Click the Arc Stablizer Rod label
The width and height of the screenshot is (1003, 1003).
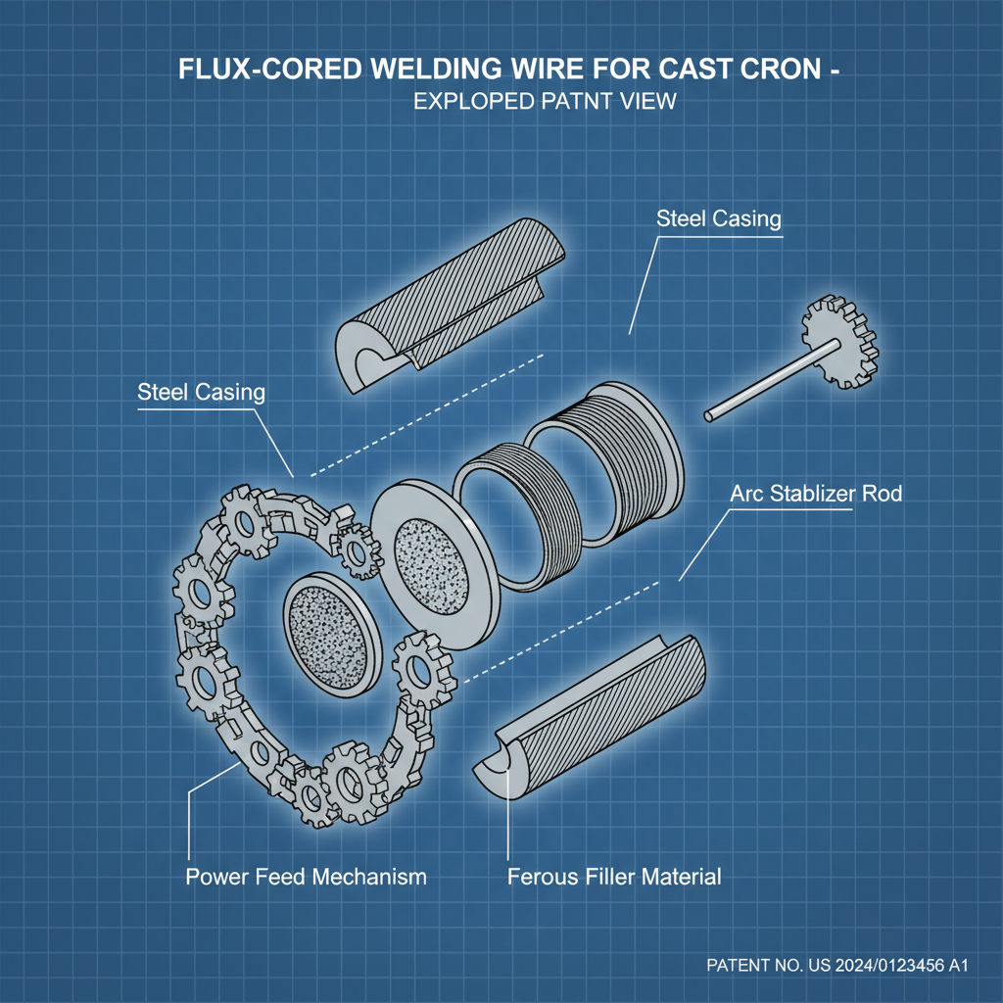[816, 493]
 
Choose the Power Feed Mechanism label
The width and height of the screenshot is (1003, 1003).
[306, 876]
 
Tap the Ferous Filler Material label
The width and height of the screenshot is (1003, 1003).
[614, 876]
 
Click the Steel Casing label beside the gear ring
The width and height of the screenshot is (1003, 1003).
[201, 393]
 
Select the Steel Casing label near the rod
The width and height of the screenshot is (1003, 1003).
[719, 218]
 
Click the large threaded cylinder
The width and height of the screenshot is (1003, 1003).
[607, 451]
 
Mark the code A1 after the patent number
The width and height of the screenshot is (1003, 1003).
[956, 966]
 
